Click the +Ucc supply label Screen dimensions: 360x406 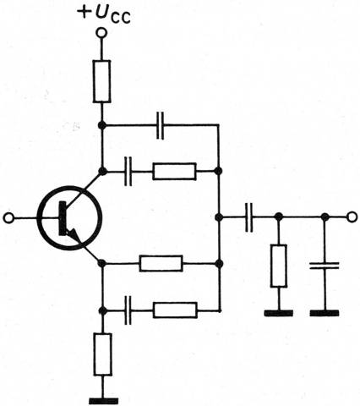point(104,14)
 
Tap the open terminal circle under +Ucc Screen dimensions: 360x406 point(101,33)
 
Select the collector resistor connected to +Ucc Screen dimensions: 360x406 point(101,81)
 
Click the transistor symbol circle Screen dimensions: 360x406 point(68,217)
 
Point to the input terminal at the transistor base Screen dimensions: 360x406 point(8,218)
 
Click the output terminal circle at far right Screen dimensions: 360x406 point(352,217)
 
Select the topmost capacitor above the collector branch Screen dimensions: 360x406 point(161,125)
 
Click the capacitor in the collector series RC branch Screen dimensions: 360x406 point(128,171)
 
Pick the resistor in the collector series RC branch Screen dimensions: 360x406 point(174,171)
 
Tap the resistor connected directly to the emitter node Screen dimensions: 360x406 point(161,264)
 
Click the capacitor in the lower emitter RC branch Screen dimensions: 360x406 point(128,310)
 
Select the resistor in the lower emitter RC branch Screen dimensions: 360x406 point(175,310)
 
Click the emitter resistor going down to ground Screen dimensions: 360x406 point(103,354)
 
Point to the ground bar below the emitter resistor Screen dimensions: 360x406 point(103,401)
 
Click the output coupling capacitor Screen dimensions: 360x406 point(249,217)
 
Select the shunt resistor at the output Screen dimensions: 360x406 point(279,266)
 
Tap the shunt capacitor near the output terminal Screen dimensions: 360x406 point(325,266)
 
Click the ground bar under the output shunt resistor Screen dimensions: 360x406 point(279,313)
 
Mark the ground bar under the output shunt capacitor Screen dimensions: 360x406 point(325,313)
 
